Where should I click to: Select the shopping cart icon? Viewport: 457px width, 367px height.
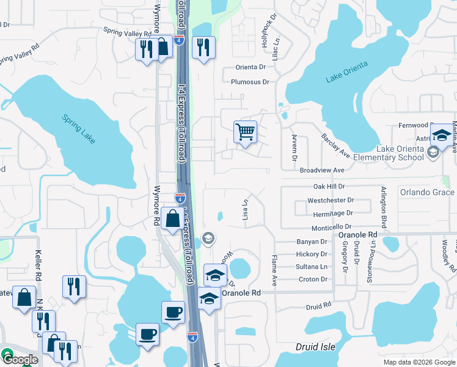245,132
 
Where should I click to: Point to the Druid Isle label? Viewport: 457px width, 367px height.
315,347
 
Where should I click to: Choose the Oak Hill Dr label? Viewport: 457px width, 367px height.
329,186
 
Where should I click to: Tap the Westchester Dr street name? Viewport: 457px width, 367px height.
331,200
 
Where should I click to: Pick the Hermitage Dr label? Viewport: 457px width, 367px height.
332,213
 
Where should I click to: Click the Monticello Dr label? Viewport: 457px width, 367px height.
331,228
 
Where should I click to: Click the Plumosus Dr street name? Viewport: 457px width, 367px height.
250,82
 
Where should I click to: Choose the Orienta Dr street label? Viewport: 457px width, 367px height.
250,67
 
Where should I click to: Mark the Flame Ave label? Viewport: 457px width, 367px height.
274,272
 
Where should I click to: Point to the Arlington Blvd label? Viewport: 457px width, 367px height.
384,207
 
